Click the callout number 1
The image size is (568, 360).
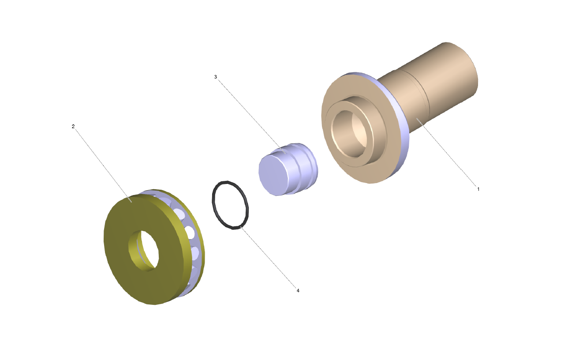pos(478,189)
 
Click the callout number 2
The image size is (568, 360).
pos(73,126)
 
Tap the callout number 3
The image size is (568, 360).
pos(216,77)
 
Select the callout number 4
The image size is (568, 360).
pos(298,290)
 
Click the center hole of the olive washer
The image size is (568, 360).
pos(143,251)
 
